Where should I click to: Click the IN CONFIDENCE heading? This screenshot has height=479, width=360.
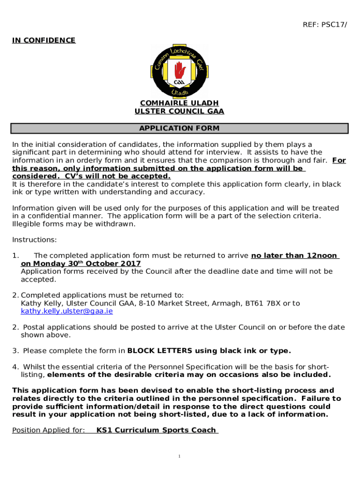coord(43,40)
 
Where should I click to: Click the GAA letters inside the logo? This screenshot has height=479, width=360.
coord(179,82)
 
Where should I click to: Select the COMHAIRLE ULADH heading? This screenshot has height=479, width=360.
coord(180,103)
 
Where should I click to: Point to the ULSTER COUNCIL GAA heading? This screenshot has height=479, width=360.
coord(180,111)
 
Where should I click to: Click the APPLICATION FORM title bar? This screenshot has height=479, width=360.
coord(180,128)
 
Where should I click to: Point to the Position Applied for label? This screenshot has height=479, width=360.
coord(48,430)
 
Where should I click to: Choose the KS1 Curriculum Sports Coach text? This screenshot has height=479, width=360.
coord(156,430)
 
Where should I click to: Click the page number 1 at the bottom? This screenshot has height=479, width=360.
coord(180,456)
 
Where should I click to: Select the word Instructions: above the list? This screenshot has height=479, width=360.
coord(34,239)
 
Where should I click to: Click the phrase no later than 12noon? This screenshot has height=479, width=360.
coord(294,255)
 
